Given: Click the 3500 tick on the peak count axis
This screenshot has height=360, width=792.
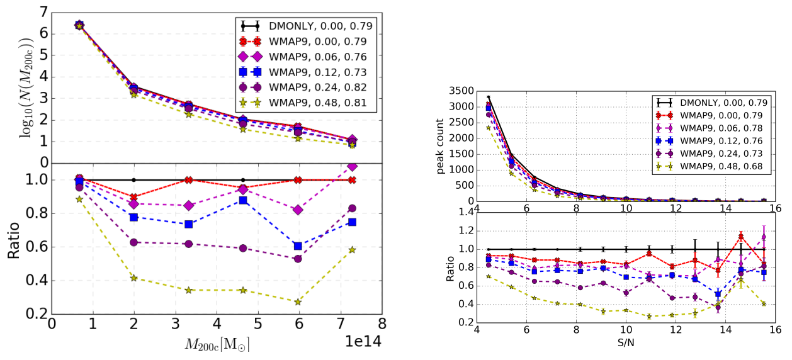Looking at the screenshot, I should click(462, 91).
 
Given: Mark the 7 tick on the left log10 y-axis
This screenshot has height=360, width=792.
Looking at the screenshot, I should click(42, 12).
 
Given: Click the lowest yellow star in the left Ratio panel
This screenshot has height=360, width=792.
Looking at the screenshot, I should click(298, 302).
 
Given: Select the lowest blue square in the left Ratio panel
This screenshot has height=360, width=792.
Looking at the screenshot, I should click(298, 246).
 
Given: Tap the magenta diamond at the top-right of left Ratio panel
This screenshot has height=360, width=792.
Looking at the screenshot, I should click(352, 166).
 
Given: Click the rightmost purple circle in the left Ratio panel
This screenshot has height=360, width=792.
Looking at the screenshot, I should click(352, 208).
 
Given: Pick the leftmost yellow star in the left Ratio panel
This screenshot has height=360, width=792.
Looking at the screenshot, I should click(79, 199).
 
